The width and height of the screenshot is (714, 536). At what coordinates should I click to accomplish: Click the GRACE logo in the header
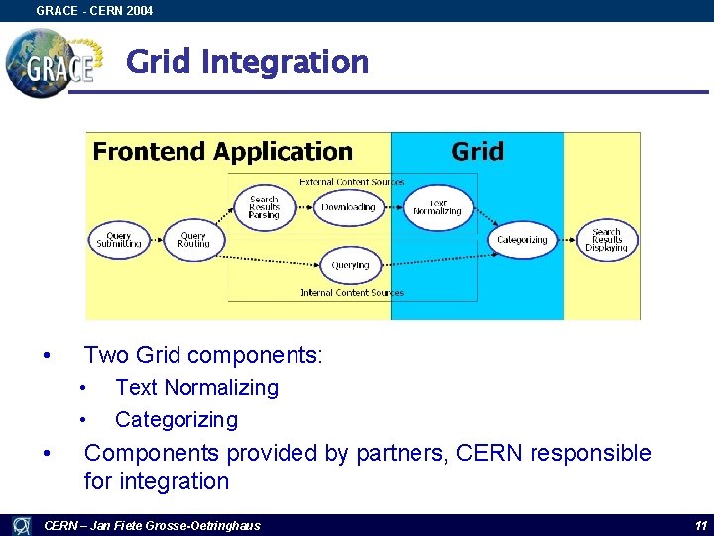pyautogui.click(x=55, y=62)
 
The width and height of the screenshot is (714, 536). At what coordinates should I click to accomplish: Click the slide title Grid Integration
pyautogui.click(x=247, y=63)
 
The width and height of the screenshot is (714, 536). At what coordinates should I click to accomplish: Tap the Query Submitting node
pyautogui.click(x=119, y=239)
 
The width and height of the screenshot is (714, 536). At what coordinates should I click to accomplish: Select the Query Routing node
pyautogui.click(x=193, y=239)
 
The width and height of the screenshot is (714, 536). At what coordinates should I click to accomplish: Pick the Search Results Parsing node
pyautogui.click(x=264, y=206)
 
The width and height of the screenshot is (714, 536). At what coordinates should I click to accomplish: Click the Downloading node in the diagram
pyautogui.click(x=348, y=207)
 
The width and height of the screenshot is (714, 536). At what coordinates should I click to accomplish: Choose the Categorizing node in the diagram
pyautogui.click(x=522, y=239)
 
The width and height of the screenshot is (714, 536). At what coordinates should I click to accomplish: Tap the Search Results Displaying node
pyautogui.click(x=606, y=239)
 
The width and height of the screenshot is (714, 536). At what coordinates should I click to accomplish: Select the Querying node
pyautogui.click(x=350, y=265)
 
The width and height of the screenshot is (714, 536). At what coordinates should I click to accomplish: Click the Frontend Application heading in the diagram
pyautogui.click(x=222, y=152)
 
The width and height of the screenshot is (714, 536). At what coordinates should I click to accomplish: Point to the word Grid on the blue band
pyautogui.click(x=477, y=152)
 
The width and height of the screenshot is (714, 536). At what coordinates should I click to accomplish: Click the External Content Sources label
pyautogui.click(x=352, y=182)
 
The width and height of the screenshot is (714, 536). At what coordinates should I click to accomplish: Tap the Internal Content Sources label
pyautogui.click(x=352, y=293)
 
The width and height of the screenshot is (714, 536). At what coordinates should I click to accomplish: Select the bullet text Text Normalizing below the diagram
pyautogui.click(x=196, y=388)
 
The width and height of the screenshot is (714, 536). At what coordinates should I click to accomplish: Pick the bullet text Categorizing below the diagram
pyautogui.click(x=177, y=420)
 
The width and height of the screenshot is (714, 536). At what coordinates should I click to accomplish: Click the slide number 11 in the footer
pyautogui.click(x=700, y=525)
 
